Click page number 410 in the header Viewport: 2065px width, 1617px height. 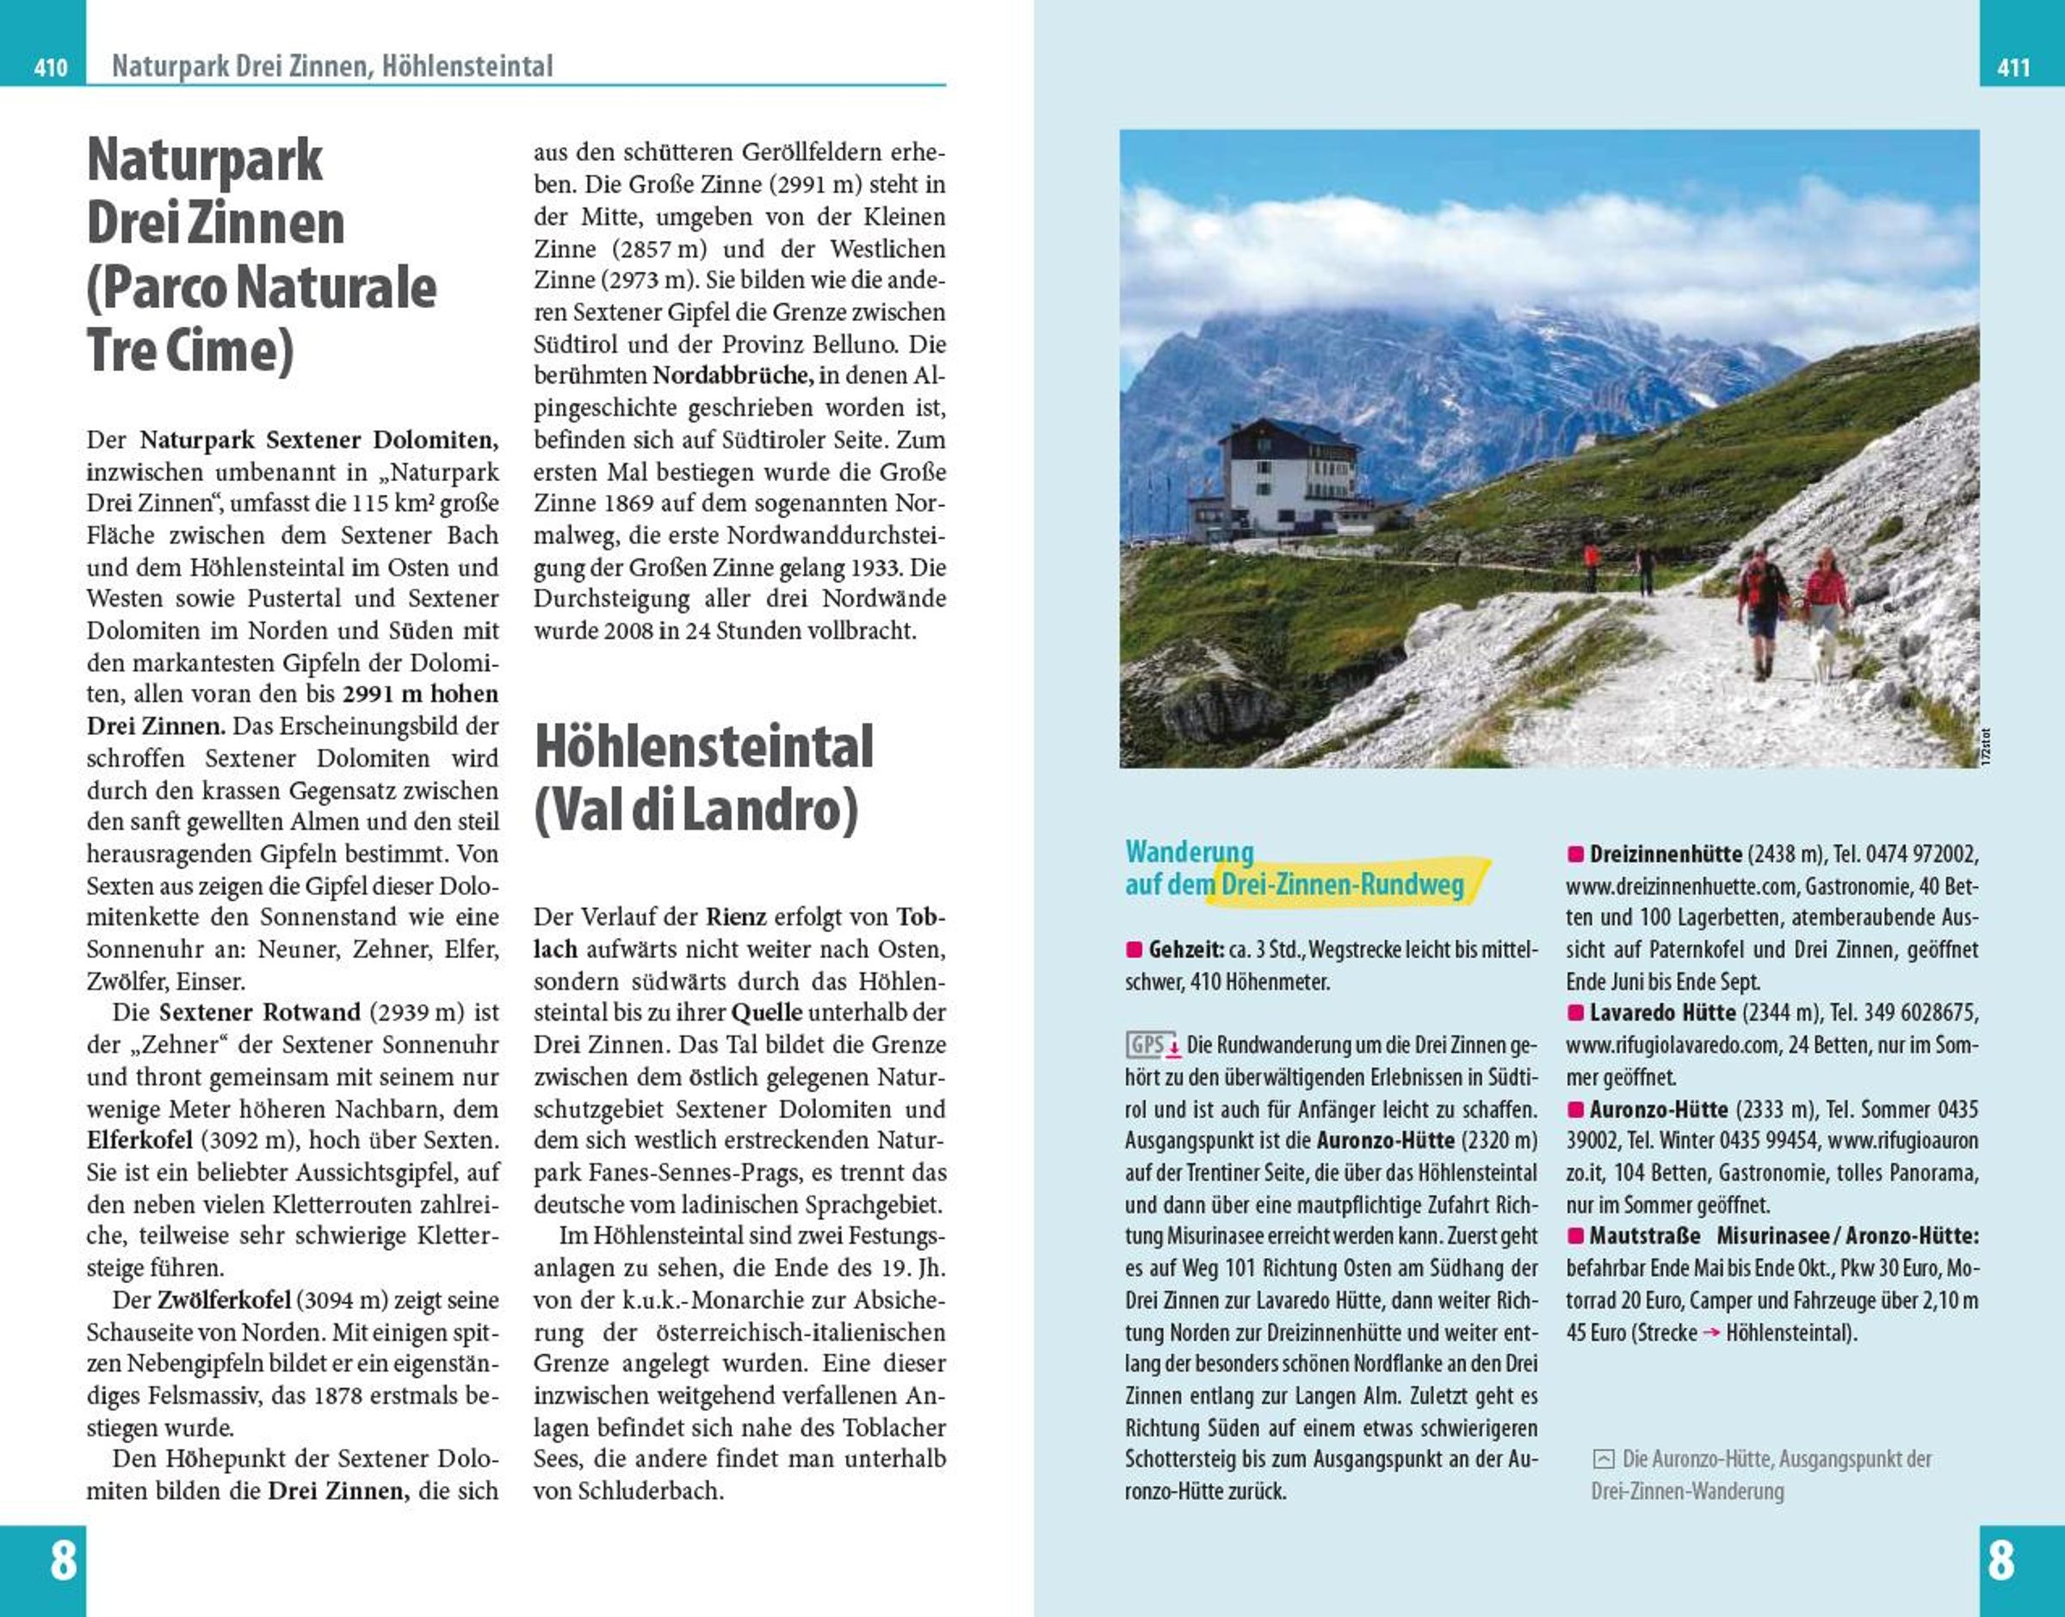pyautogui.click(x=50, y=67)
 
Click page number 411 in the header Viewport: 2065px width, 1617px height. pyautogui.click(x=2013, y=67)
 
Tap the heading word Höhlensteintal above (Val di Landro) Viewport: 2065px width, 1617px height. pyautogui.click(x=703, y=747)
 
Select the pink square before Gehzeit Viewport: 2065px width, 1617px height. pyautogui.click(x=1135, y=948)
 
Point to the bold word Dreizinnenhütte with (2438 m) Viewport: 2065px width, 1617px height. pyautogui.click(x=1666, y=854)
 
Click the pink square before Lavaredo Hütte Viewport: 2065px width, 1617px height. pyautogui.click(x=1575, y=1013)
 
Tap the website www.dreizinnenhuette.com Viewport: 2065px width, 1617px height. pyautogui.click(x=1680, y=886)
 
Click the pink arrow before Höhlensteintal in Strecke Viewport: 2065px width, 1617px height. pyautogui.click(x=1711, y=1333)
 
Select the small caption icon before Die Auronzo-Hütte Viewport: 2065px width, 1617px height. pyautogui.click(x=1604, y=1459)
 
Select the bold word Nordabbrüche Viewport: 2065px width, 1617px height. pyautogui.click(x=733, y=376)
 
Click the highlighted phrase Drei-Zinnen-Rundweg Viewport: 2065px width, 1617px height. pyautogui.click(x=1342, y=886)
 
